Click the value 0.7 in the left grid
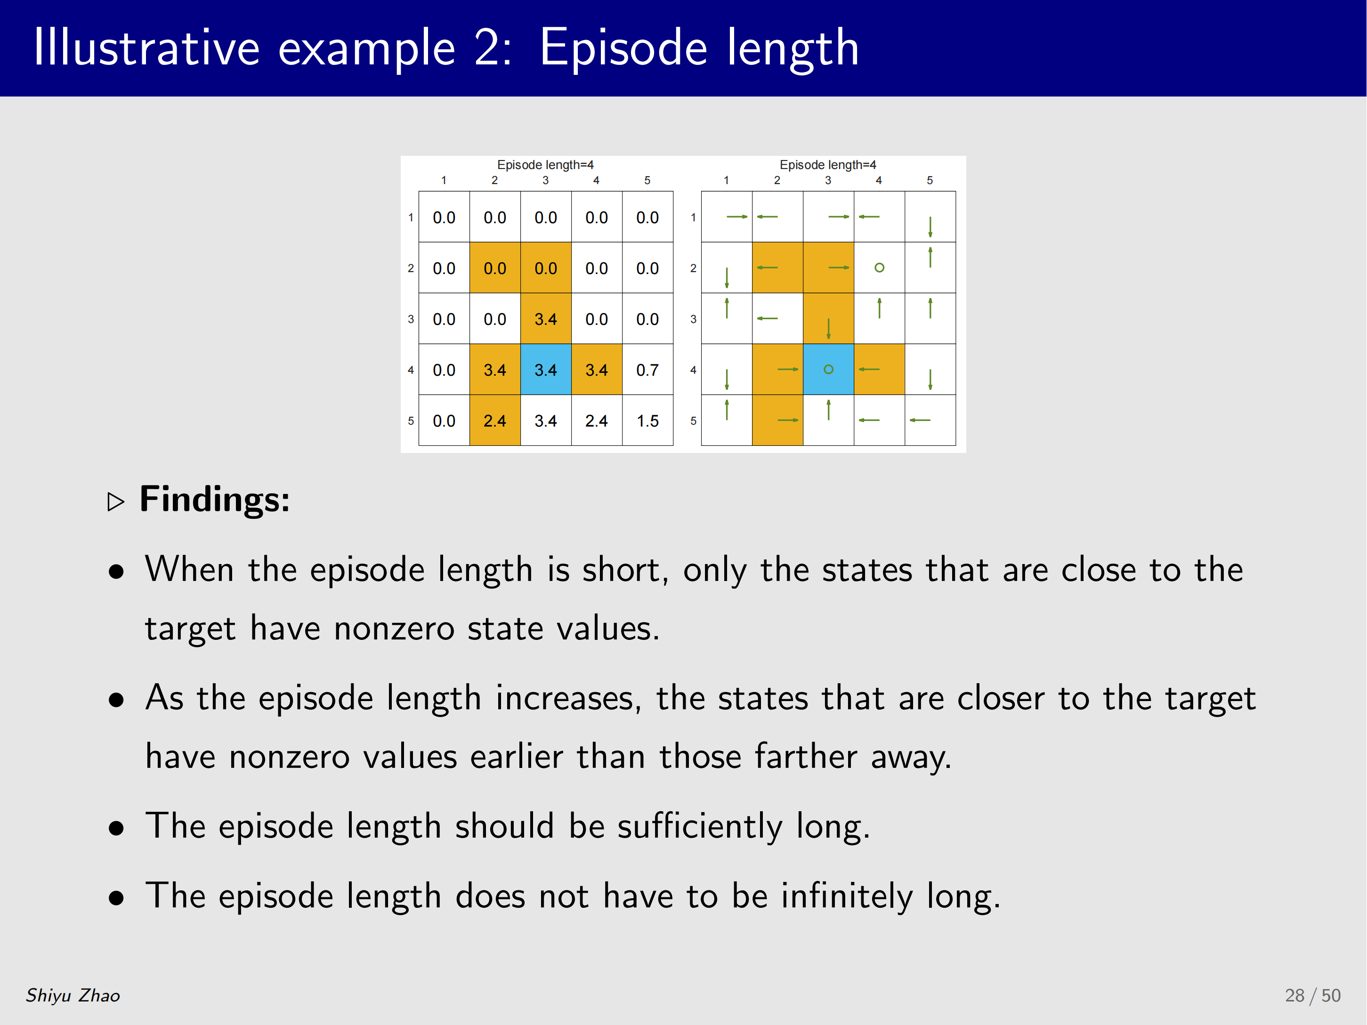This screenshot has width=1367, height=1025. [647, 370]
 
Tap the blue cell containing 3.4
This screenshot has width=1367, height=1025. [546, 370]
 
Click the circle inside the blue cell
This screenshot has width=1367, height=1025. [829, 370]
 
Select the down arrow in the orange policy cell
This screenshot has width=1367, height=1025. [829, 329]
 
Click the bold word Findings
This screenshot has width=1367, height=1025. [214, 499]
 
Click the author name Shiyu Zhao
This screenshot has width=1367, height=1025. [73, 995]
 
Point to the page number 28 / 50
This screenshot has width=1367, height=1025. [1313, 995]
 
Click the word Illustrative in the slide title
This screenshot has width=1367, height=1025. [146, 48]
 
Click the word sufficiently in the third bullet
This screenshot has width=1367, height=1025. [700, 827]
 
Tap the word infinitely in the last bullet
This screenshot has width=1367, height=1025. [847, 896]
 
